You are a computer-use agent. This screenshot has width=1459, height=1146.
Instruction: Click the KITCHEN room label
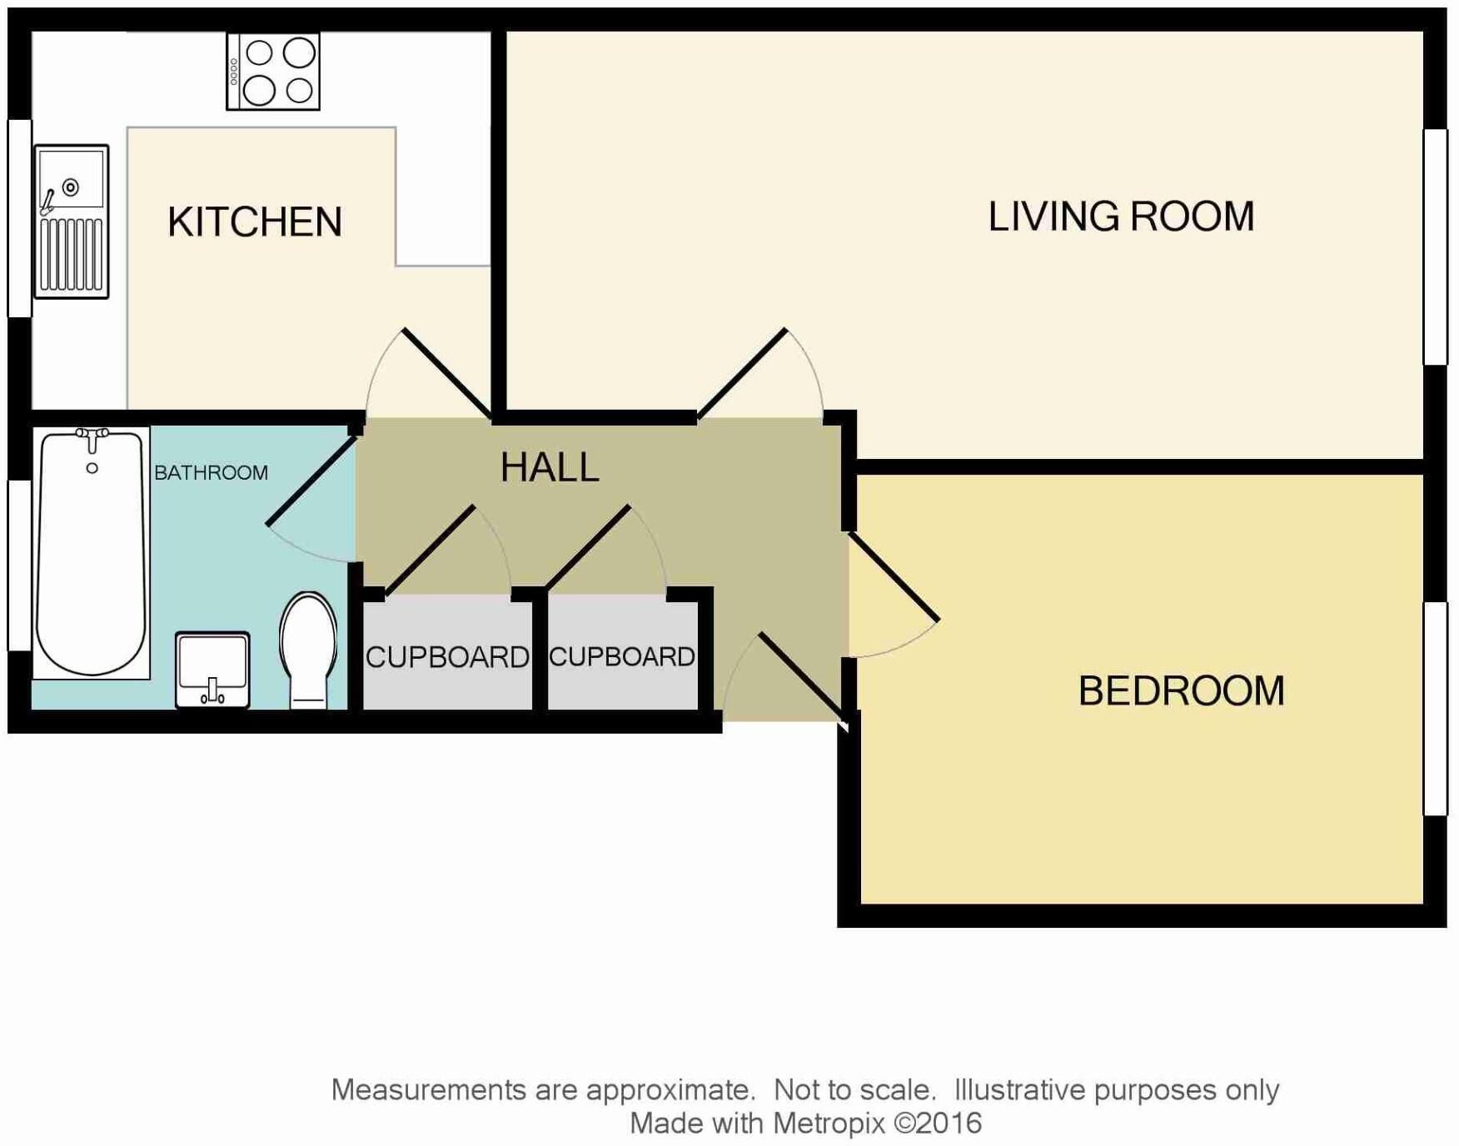pos(255,222)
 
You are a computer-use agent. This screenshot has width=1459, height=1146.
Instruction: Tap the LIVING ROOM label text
pos(1121,217)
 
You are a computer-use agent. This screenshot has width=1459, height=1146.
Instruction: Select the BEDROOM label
pos(1181,691)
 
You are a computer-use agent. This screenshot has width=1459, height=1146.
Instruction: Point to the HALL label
pos(550,467)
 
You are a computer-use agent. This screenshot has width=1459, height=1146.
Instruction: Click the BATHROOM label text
pos(211,473)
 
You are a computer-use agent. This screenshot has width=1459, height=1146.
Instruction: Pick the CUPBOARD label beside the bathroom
pos(447,657)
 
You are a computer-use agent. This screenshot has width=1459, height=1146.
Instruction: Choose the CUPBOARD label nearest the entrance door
pos(622,656)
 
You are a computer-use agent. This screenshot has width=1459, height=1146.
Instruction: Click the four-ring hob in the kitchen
pos(273,72)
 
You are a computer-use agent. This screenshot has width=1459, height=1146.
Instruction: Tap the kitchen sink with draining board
pos(72,222)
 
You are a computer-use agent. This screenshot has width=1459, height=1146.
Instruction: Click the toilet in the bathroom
pos(308,650)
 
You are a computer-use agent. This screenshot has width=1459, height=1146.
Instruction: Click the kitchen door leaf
pos(446,372)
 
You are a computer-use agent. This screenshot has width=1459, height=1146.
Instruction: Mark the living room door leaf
pos(742,372)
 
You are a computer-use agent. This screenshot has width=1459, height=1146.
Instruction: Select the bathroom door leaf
pos(311,481)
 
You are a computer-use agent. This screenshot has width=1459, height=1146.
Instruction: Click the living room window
pos(1436,247)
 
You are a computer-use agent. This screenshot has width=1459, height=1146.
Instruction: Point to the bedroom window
pos(1436,708)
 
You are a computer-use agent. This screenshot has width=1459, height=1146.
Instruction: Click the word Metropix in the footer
pos(828,1124)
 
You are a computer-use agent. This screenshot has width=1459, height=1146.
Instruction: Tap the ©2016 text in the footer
pos(938,1124)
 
